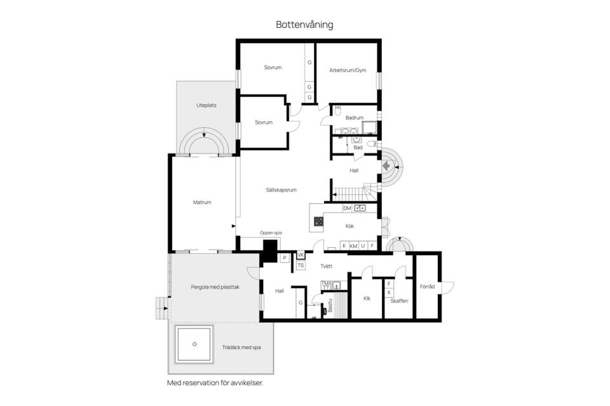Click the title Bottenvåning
304,25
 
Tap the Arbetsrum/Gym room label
348,70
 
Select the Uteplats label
206,105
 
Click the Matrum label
201,202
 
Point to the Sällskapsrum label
281,190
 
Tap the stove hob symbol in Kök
318,221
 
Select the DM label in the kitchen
347,208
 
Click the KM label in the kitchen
353,246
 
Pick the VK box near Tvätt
301,255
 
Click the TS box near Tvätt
301,265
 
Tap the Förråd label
426,287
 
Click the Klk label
367,298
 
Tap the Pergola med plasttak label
215,287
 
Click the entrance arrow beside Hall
387,166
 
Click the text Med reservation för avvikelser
215,383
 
